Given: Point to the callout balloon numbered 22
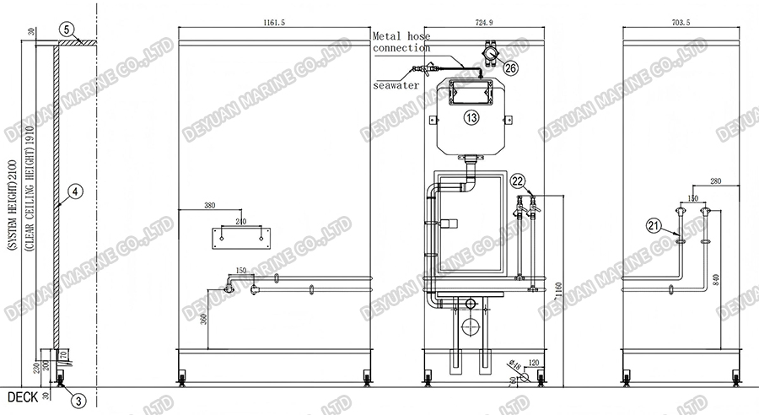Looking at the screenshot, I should (x=518, y=180).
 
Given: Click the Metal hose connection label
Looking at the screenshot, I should (x=400, y=41).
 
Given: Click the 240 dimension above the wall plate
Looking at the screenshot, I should (x=242, y=222).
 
